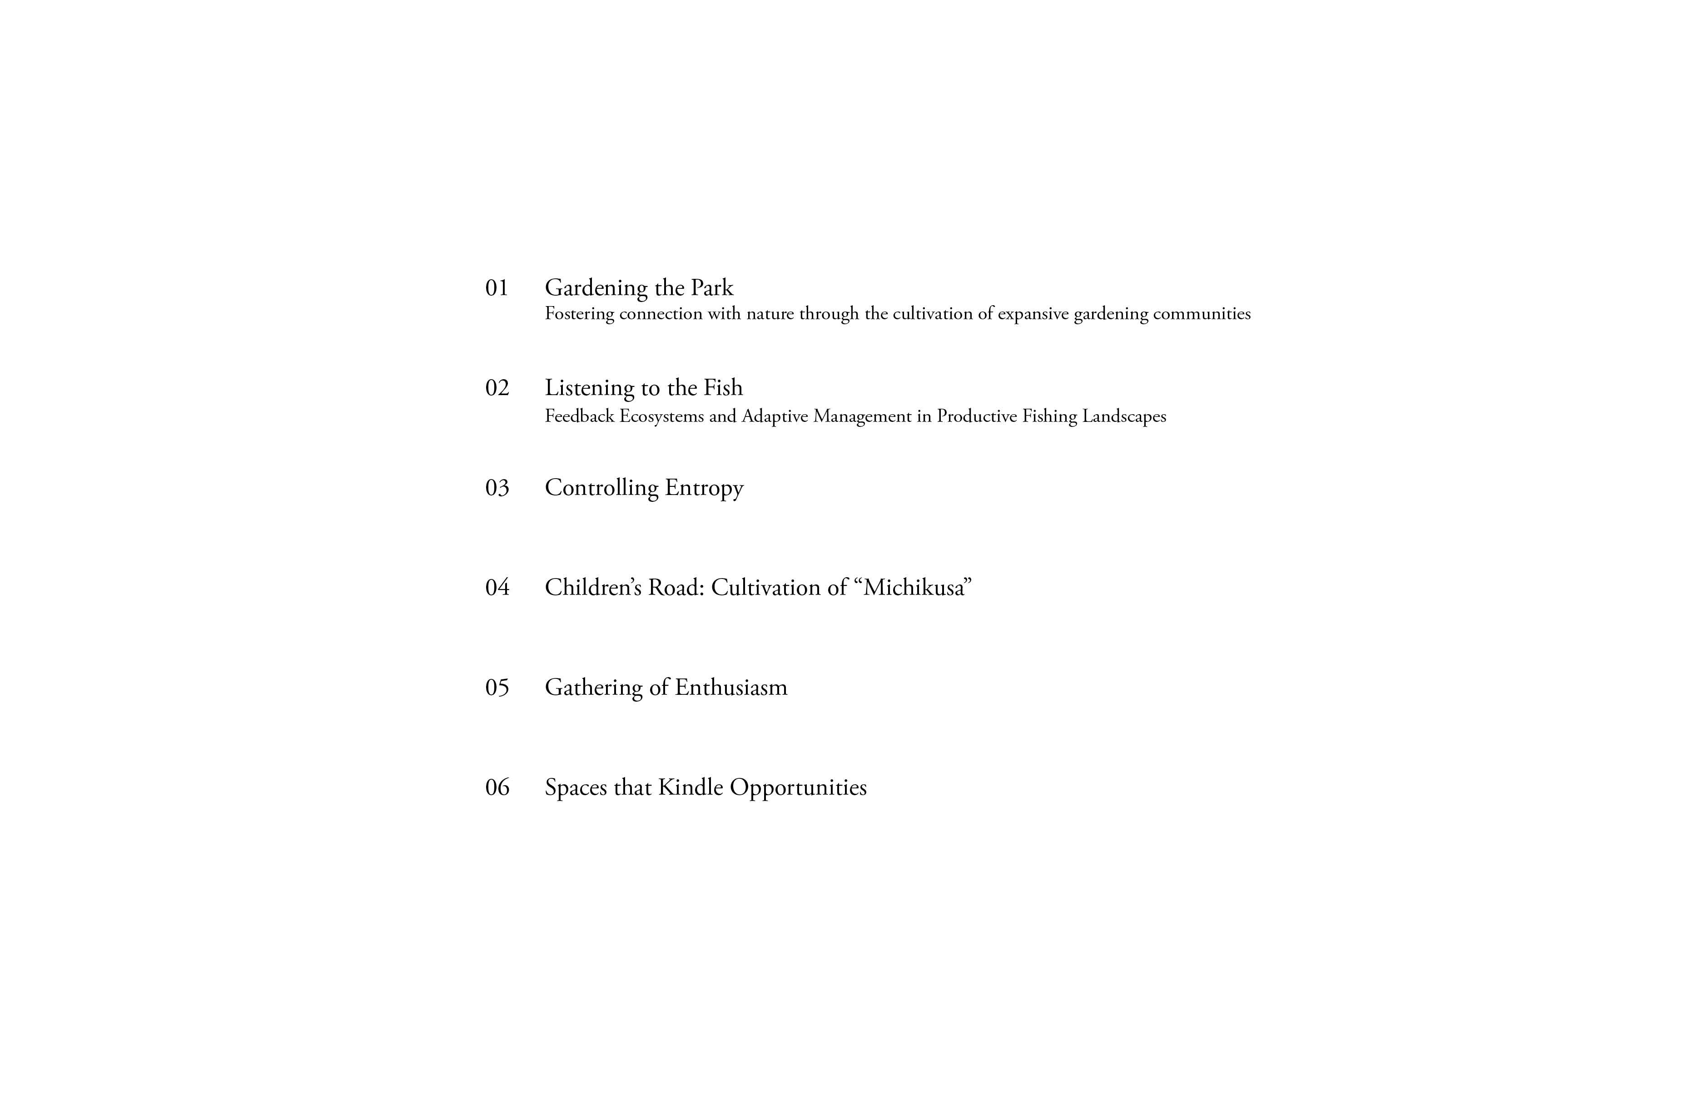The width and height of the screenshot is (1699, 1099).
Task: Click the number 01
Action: coord(497,288)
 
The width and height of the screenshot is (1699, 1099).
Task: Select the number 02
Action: coord(497,388)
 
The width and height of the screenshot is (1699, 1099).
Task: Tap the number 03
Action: coord(497,488)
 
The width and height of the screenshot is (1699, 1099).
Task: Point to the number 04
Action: coord(497,588)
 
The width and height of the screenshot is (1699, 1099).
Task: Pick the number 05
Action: coord(497,688)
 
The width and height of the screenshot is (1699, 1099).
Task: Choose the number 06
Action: coord(497,788)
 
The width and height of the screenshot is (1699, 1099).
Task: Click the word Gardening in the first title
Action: coord(596,288)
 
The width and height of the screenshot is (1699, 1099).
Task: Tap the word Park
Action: coord(712,288)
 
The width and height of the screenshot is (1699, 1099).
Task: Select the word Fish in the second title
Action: coord(723,388)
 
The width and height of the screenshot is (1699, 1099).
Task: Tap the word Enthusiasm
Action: coord(731,688)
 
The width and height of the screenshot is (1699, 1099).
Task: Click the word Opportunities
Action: coord(798,788)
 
